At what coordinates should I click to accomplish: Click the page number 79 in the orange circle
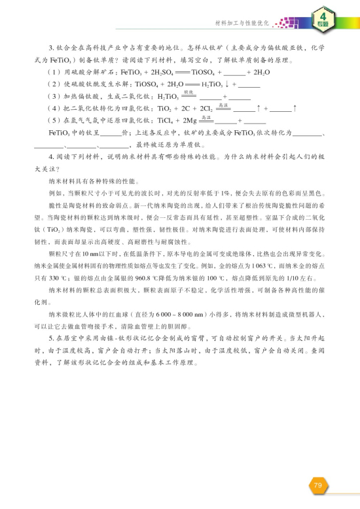pyautogui.click(x=317, y=485)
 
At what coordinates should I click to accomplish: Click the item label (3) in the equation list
pyautogui.click(x=54, y=97)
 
